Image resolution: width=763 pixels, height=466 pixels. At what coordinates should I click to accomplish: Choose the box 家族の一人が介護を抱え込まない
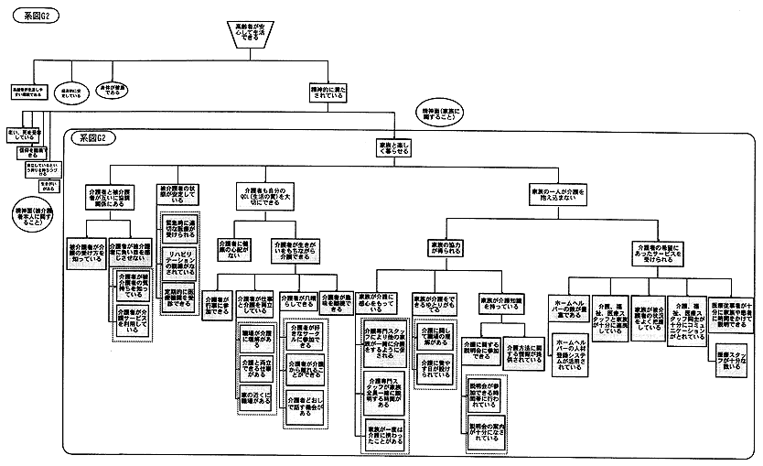558,196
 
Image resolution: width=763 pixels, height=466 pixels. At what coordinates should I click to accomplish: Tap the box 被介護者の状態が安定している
176,195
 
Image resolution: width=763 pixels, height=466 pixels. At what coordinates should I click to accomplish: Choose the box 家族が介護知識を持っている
499,303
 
